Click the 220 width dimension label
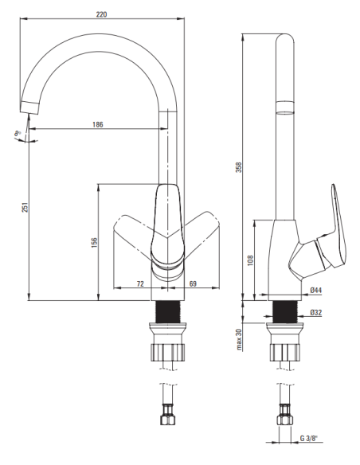coord(101,14)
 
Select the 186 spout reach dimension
coord(97,124)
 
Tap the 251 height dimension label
coord(25,207)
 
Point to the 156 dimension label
coord(94,242)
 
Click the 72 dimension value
coord(140,283)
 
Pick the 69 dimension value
coord(193,283)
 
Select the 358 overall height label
coord(239,167)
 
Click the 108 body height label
coord(251,260)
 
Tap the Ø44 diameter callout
coord(316,291)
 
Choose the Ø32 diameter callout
coord(316,313)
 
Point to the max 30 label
coord(239,339)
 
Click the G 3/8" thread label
coord(309,438)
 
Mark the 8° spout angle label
coord(18,134)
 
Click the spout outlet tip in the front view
coord(29,107)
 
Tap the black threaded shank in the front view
coord(168,311)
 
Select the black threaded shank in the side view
coord(285,311)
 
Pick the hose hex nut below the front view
coord(168,420)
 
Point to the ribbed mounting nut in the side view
coord(285,352)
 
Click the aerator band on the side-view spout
coord(285,107)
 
